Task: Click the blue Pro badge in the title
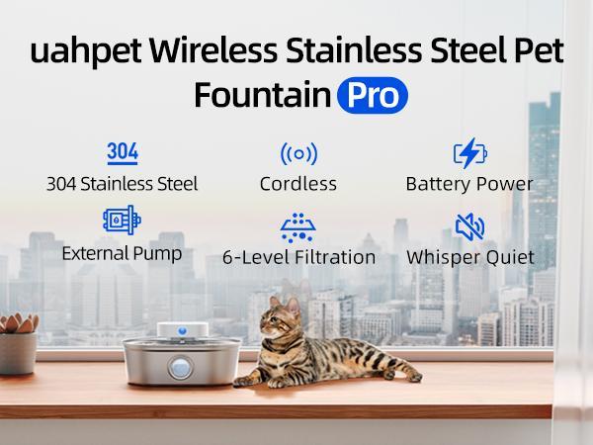click(373, 95)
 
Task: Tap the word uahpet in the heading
click(86, 50)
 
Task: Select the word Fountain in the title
click(263, 95)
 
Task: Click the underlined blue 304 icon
click(123, 153)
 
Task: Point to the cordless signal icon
click(298, 154)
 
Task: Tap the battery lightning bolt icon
click(470, 153)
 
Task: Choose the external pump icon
click(122, 220)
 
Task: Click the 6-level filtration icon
click(298, 227)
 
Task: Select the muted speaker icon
click(469, 227)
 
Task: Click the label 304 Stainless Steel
click(123, 184)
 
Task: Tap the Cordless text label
click(298, 184)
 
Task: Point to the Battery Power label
click(469, 184)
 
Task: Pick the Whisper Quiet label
click(470, 257)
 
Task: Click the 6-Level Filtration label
click(299, 257)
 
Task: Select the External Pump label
click(122, 253)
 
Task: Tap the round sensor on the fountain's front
click(180, 368)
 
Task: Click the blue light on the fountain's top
click(182, 331)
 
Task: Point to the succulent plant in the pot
click(18, 323)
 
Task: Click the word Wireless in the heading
click(212, 50)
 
